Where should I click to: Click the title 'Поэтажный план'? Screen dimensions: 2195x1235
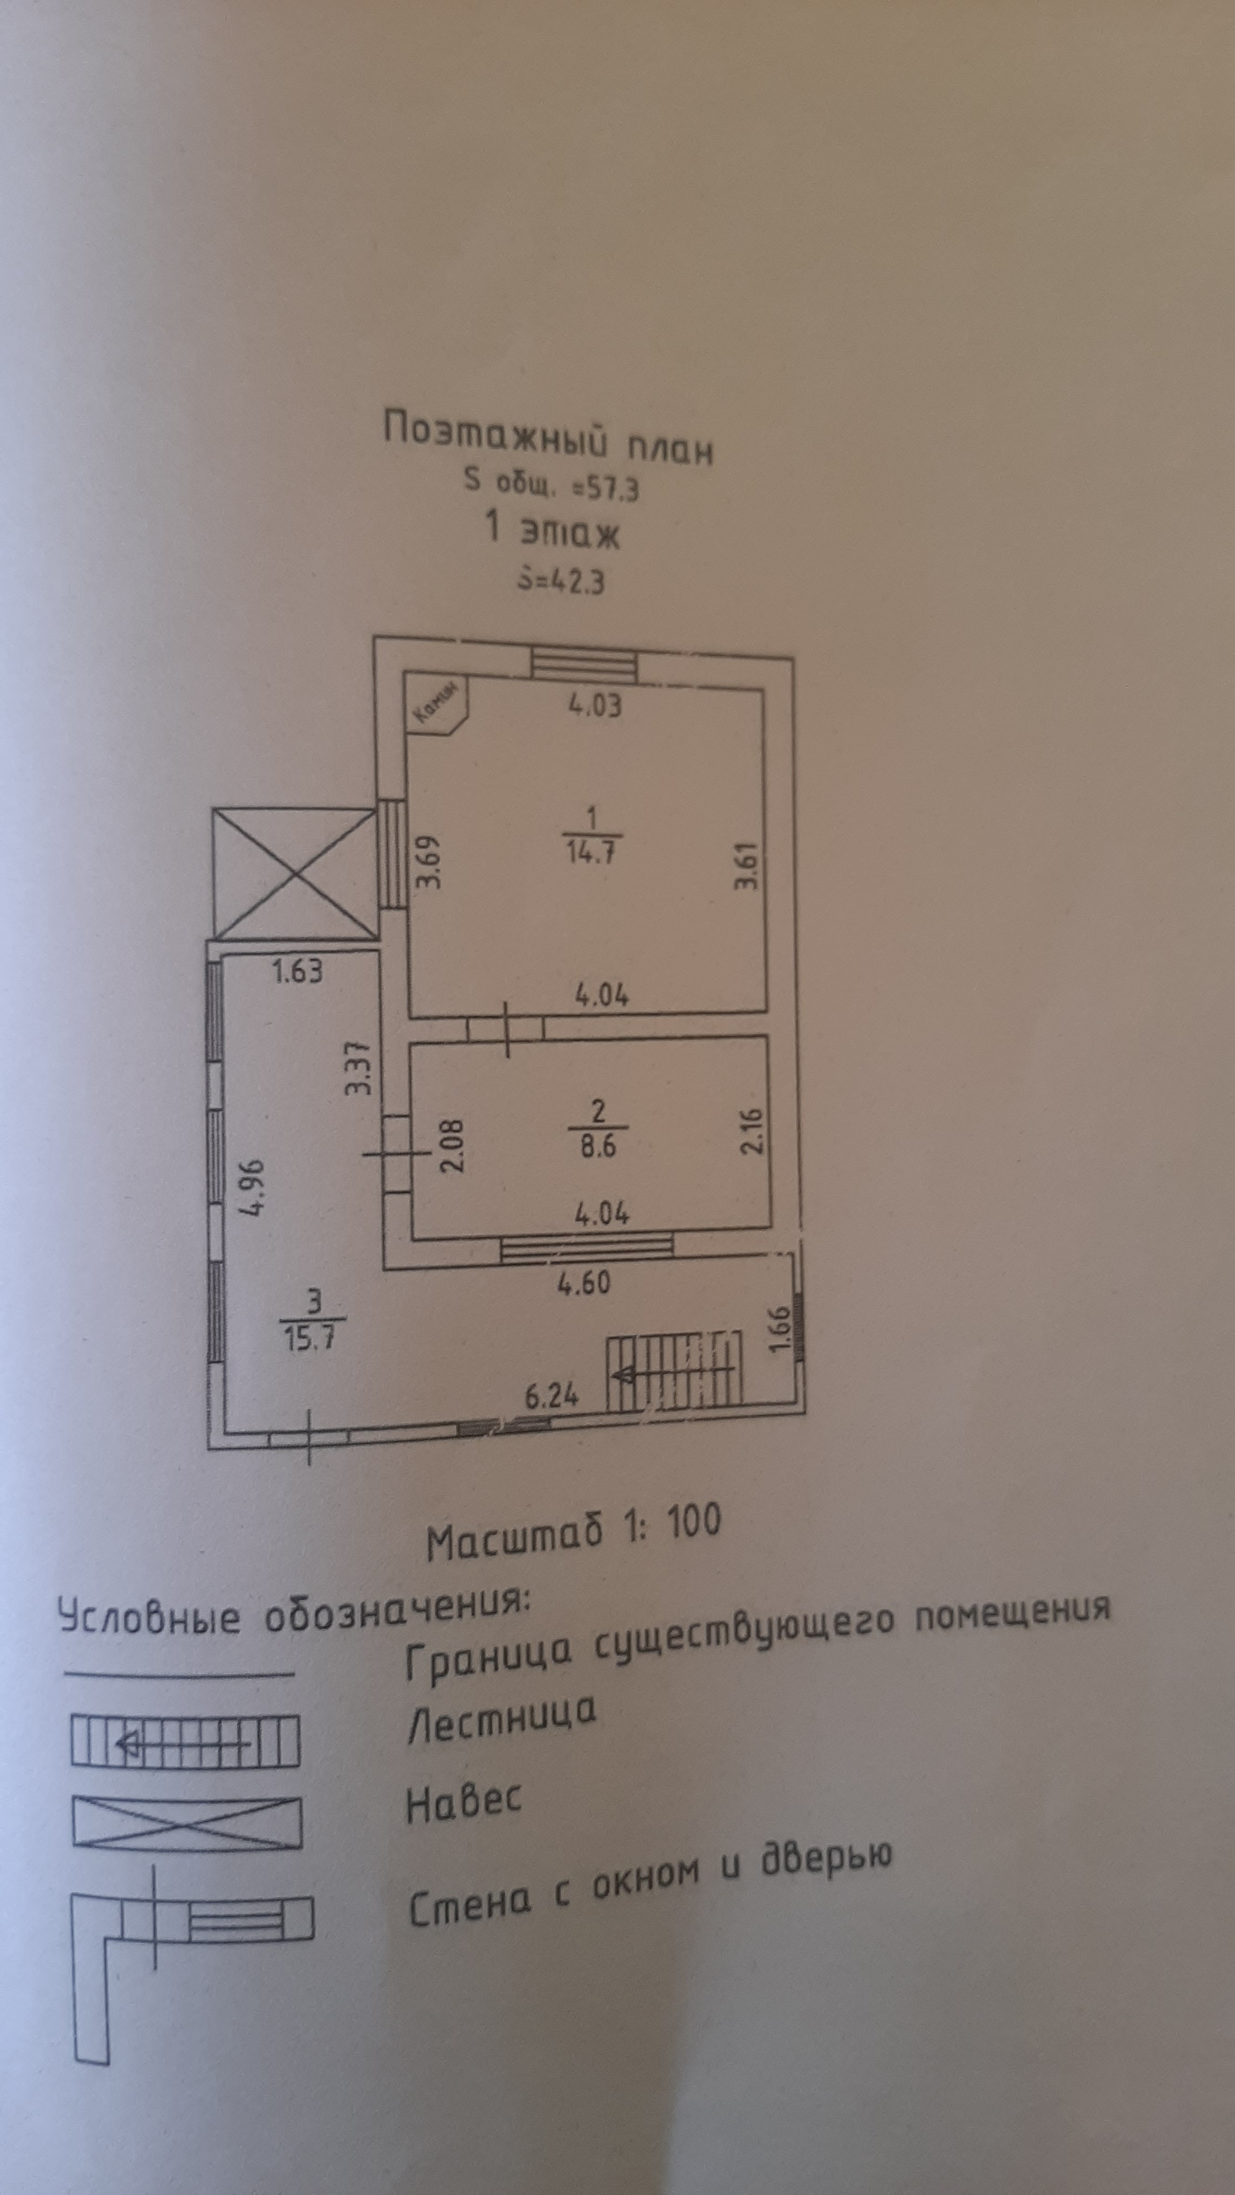pos(548,438)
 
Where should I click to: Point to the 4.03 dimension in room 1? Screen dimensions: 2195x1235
pos(595,706)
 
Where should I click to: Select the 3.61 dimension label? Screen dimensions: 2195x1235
pos(747,866)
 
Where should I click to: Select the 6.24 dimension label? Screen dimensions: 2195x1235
pos(551,1396)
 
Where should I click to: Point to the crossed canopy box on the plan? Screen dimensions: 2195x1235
pos(294,873)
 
